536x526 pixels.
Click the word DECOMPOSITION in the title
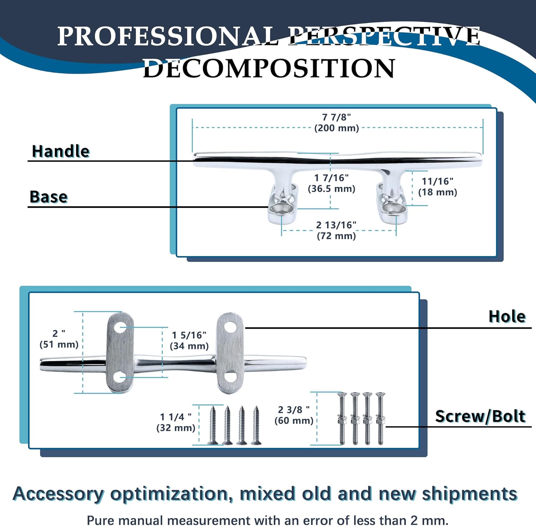(269, 68)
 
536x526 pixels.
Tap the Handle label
(60, 151)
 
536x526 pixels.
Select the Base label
(49, 197)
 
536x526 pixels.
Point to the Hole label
(507, 317)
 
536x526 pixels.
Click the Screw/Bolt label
(480, 417)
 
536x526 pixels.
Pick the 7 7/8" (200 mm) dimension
(336, 123)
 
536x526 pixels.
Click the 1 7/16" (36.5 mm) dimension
(331, 183)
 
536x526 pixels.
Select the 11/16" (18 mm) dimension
(437, 187)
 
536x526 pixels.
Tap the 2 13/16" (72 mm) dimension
(336, 230)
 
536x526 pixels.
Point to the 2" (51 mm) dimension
(59, 339)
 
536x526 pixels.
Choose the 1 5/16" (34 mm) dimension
(189, 340)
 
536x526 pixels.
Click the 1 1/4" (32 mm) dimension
(176, 422)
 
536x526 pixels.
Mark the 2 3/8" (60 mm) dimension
(294, 415)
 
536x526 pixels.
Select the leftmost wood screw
(213, 426)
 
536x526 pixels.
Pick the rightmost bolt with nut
(380, 418)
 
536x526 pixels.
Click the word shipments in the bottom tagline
(469, 494)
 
